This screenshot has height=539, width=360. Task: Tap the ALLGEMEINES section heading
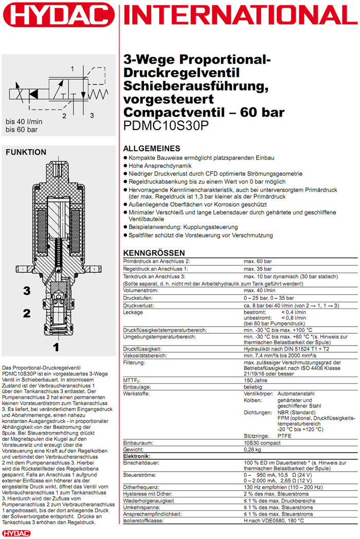click(x=152, y=148)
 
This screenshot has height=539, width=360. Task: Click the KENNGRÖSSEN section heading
click(x=154, y=253)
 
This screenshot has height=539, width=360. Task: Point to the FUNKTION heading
click(x=26, y=152)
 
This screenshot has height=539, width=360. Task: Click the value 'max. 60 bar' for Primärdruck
click(x=258, y=262)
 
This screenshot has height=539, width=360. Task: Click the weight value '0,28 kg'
click(x=254, y=450)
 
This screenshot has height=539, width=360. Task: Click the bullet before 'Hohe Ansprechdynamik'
click(x=126, y=166)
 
